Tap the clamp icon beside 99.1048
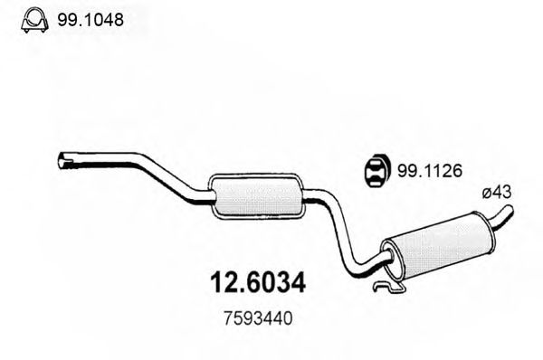(33, 18)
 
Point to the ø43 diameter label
(496, 191)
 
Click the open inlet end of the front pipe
(62, 161)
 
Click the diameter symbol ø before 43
(485, 191)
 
